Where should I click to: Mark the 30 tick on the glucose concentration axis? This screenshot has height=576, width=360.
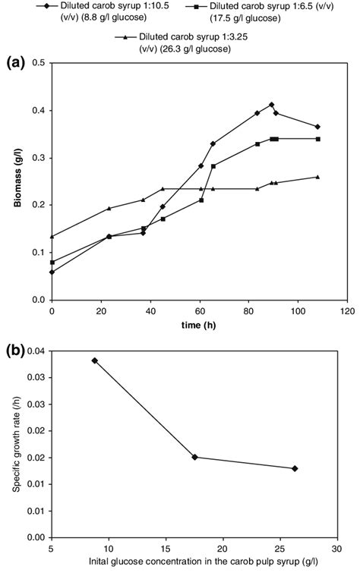point(336,548)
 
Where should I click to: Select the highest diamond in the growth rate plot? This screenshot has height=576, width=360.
point(95,360)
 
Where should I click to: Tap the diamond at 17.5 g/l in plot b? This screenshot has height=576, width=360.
point(195,457)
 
